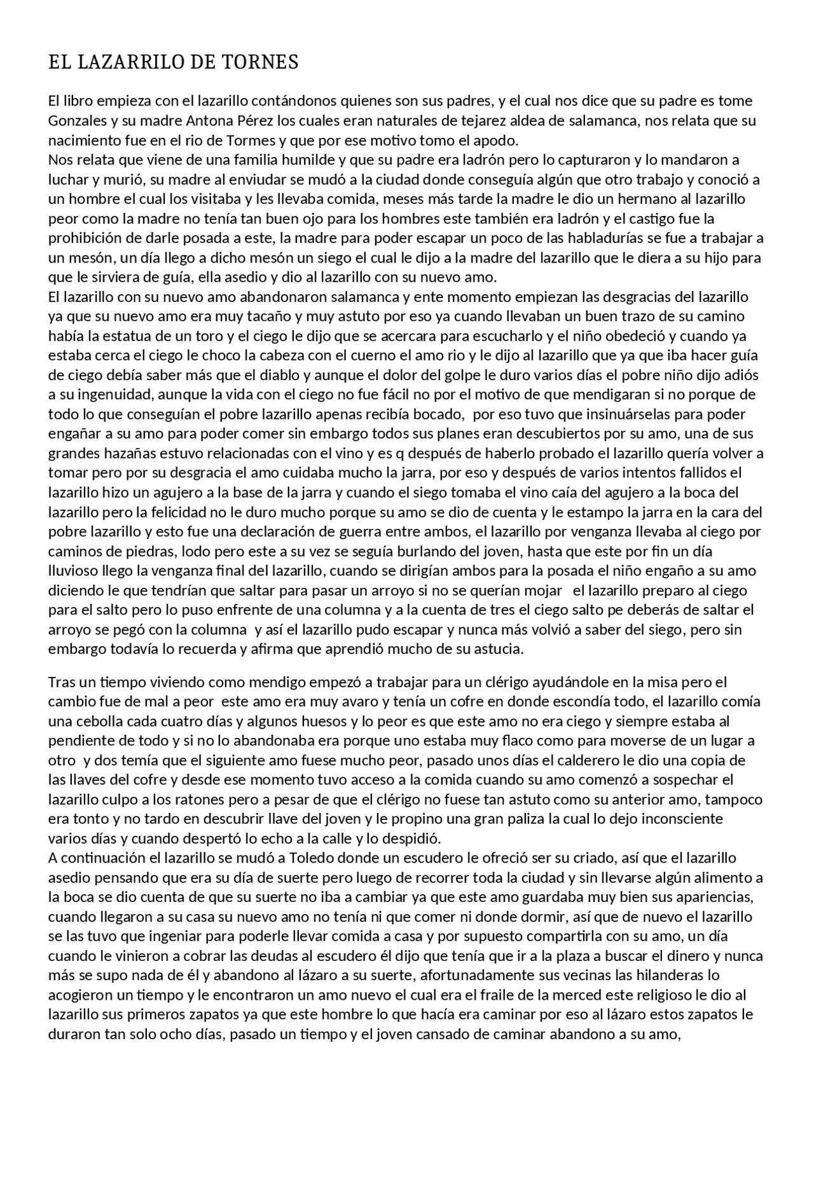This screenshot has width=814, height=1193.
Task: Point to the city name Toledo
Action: point(311,859)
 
